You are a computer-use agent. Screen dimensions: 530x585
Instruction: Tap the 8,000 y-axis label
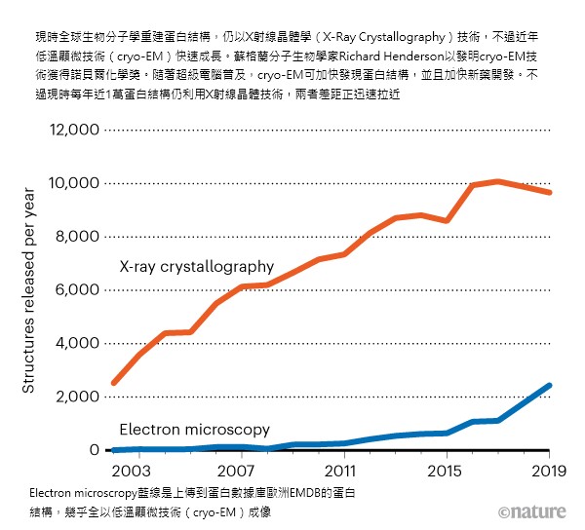(x=74, y=237)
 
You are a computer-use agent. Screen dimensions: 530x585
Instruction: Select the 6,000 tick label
(x=74, y=289)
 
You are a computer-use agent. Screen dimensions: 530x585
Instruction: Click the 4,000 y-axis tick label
(x=74, y=343)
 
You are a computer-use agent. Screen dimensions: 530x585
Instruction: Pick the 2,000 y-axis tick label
(x=74, y=397)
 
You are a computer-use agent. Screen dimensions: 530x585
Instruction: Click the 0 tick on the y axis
(x=95, y=449)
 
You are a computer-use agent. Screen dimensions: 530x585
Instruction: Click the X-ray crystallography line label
(x=196, y=266)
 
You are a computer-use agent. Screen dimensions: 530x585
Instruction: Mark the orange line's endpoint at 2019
(x=550, y=192)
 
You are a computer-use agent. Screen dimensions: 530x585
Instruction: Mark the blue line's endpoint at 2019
(x=550, y=386)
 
